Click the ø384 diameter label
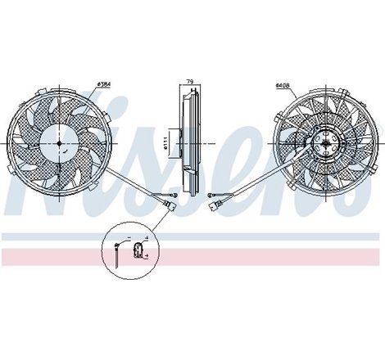pos(105,84)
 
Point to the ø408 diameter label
pos(284,84)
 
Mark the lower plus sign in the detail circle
pos(145,256)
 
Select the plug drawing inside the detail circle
pos(138,246)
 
